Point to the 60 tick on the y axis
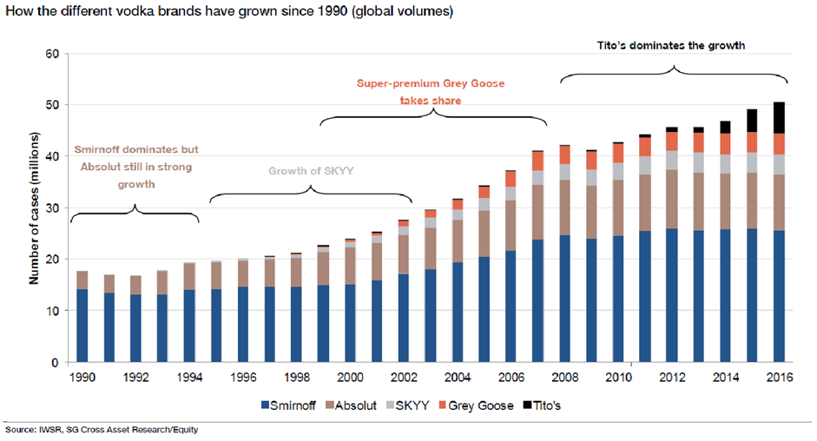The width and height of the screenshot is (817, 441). (x=53, y=54)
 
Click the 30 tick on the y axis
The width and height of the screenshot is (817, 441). (x=53, y=208)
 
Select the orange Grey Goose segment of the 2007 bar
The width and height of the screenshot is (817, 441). (x=537, y=161)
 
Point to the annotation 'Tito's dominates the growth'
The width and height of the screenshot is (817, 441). (x=674, y=44)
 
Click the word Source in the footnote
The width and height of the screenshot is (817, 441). (x=19, y=430)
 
